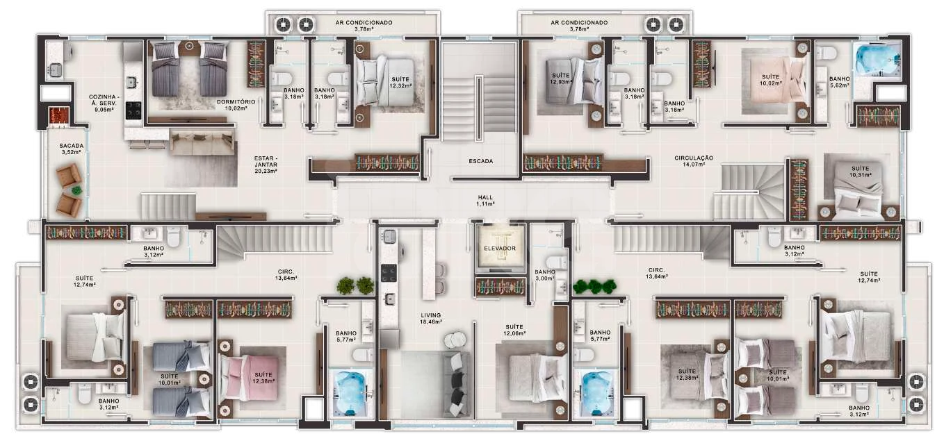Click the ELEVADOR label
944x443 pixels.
pyautogui.click(x=499, y=249)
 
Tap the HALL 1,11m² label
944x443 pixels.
pyautogui.click(x=485, y=201)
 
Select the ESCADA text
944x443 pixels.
pyautogui.click(x=481, y=161)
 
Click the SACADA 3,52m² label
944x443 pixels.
pyautogui.click(x=71, y=149)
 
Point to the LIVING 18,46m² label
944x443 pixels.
pyautogui.click(x=431, y=318)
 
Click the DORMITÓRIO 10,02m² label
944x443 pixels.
pyautogui.click(x=236, y=105)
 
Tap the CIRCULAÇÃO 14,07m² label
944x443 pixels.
pyautogui.click(x=694, y=161)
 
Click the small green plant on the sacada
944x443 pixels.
pyautogui.click(x=76, y=190)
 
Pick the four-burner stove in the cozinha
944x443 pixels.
pyautogui.click(x=134, y=110)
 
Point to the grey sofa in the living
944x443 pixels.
pyautogui.click(x=457, y=384)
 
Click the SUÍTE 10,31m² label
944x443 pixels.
pyautogui.click(x=860, y=172)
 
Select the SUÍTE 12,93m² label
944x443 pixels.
pyautogui.click(x=560, y=78)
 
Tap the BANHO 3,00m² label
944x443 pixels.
pyautogui.click(x=545, y=276)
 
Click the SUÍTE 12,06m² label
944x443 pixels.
pyautogui.click(x=514, y=330)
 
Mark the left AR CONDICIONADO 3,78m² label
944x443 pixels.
pyautogui.click(x=364, y=26)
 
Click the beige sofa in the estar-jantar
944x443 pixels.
pyautogui.click(x=202, y=143)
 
